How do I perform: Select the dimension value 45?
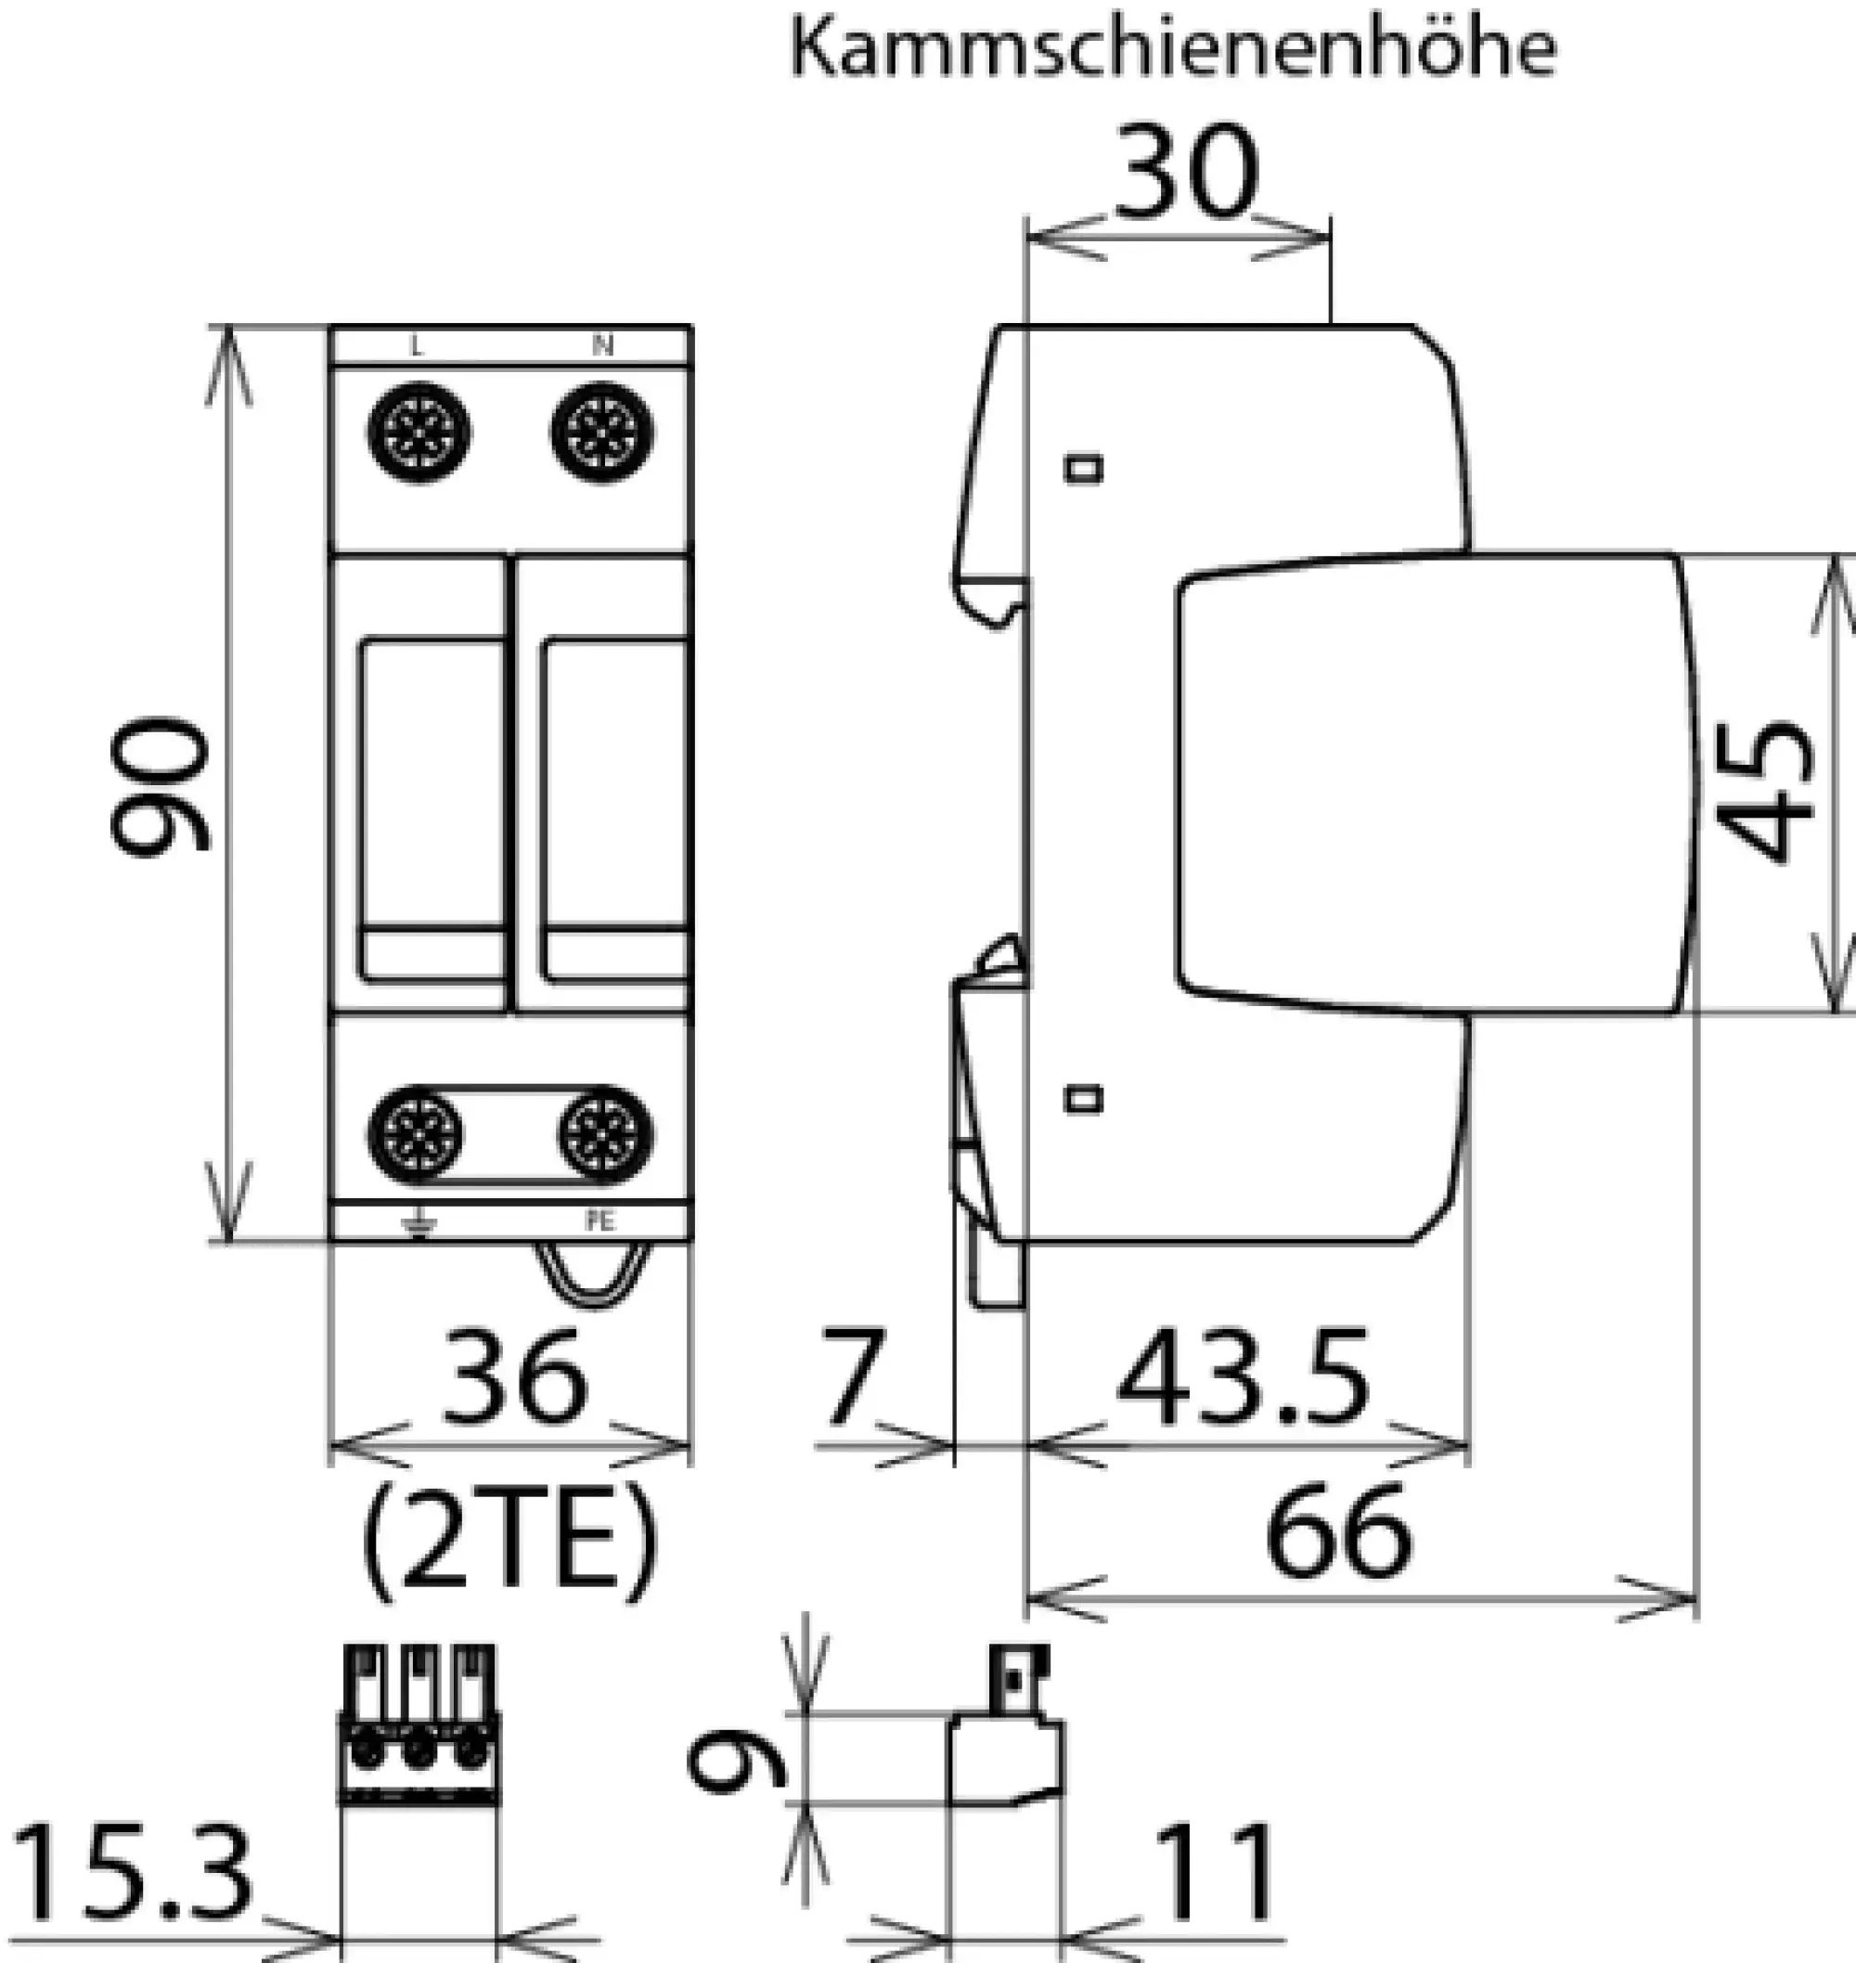click(1767, 791)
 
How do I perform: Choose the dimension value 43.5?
click(1244, 1377)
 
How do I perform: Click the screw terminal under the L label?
click(419, 433)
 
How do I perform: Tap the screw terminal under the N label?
click(601, 433)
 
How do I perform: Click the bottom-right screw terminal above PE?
click(605, 1134)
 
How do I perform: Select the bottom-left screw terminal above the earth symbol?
click(417, 1134)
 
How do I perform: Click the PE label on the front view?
click(599, 1222)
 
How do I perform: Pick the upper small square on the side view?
click(1083, 468)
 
